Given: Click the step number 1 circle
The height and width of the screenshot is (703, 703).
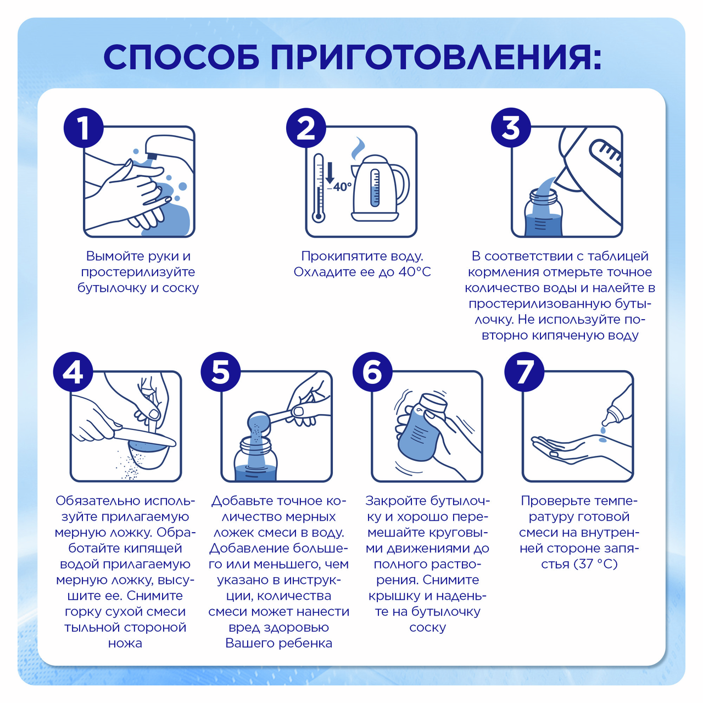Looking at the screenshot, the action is [x=83, y=127].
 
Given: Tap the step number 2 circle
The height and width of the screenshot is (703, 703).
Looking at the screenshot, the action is [x=306, y=127].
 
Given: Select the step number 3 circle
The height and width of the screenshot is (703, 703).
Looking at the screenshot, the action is [x=511, y=127].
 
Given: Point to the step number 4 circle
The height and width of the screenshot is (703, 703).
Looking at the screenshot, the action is [x=73, y=372].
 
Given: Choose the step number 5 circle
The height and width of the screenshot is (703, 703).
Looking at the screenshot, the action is [x=220, y=372].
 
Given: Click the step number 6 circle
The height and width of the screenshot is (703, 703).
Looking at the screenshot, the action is [x=372, y=372].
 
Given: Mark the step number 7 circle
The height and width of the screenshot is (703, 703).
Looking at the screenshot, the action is [x=525, y=372].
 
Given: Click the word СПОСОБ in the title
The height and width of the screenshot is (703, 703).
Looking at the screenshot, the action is [x=182, y=58].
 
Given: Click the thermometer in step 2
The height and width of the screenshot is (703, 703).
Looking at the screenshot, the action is [x=318, y=188].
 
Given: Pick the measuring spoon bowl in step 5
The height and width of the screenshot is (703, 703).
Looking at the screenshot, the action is [x=259, y=423].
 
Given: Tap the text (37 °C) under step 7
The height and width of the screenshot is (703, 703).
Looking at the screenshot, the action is [x=595, y=564].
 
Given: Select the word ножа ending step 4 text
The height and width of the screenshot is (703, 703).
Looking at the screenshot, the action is [x=125, y=643].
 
